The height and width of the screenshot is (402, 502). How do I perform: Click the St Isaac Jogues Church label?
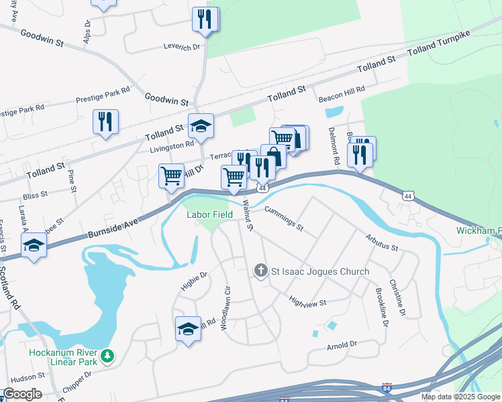click(320, 271)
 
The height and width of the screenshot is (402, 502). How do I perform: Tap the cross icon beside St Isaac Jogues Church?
click(261, 271)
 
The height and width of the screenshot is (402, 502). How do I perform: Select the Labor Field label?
click(209, 214)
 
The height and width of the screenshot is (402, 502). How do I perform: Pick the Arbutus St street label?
click(382, 243)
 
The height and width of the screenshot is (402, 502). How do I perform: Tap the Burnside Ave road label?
click(112, 228)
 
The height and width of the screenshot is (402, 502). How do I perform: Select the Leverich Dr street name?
click(182, 47)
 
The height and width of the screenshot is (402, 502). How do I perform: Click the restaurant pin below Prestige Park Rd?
click(105, 122)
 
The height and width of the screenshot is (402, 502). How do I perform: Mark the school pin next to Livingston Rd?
click(200, 125)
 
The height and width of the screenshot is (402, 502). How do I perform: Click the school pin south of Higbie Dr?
click(189, 328)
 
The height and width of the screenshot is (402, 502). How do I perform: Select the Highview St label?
click(307, 303)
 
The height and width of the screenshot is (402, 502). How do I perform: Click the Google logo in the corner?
click(22, 394)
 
